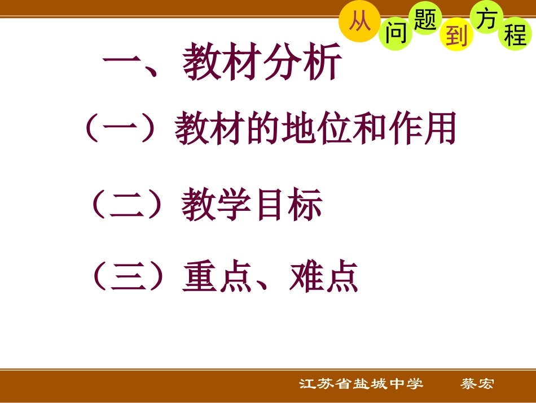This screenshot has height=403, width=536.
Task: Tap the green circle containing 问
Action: coord(396,34)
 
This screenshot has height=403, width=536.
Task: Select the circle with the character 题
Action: coord(425,20)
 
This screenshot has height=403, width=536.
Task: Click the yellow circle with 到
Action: coord(456,36)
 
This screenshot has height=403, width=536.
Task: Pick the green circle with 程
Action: coord(515,34)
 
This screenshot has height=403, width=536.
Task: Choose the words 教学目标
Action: coord(252,205)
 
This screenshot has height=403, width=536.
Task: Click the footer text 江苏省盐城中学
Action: coord(361,384)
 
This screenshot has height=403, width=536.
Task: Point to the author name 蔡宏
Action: coord(477,384)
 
